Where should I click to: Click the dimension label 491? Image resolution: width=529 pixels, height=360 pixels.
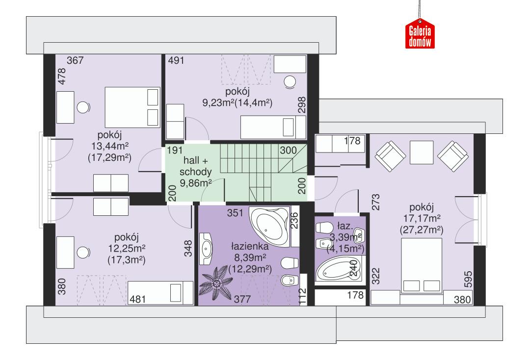point(177,61)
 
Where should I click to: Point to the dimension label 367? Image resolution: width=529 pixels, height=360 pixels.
point(76,61)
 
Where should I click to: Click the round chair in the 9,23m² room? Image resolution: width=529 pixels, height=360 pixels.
point(290,82)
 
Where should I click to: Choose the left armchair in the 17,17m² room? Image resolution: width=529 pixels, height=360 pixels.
point(390,153)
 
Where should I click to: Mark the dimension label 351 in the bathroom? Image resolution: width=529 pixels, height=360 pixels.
point(235,213)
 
